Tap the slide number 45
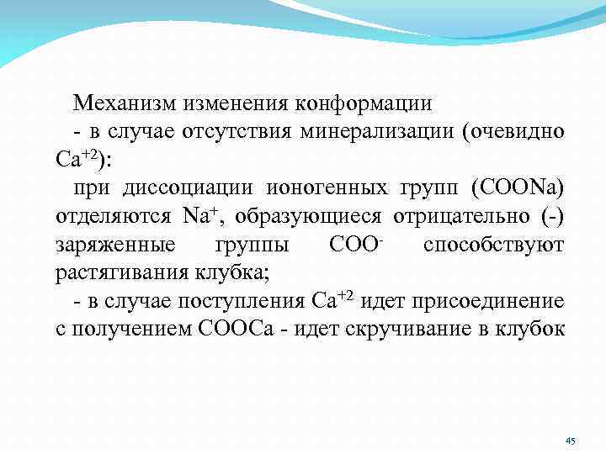(571, 441)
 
